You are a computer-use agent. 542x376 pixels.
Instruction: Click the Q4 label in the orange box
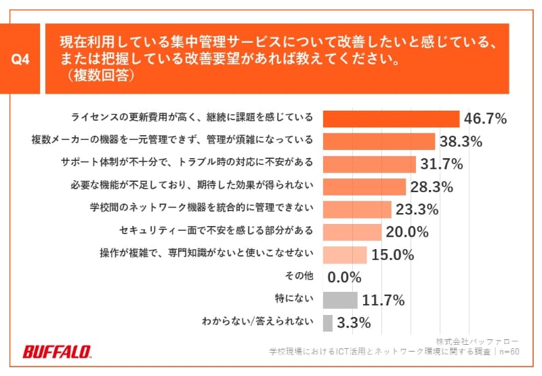(x=22, y=60)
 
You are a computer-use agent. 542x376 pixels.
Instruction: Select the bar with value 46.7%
(x=391, y=118)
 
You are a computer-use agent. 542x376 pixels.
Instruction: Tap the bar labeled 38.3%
(x=379, y=141)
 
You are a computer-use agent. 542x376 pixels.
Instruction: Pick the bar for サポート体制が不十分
(x=369, y=164)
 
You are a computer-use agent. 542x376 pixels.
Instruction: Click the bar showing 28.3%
(x=364, y=187)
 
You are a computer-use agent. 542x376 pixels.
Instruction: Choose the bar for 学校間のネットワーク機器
(x=357, y=209)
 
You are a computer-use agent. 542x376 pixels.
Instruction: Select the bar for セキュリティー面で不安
(x=352, y=231)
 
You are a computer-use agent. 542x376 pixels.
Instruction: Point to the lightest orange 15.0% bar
(x=345, y=255)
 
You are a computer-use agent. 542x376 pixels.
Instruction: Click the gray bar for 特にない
(x=340, y=299)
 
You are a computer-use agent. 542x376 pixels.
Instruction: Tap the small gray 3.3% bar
(x=328, y=322)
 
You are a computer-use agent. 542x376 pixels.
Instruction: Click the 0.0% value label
(x=344, y=277)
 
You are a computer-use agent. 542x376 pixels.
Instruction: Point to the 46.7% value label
(x=485, y=119)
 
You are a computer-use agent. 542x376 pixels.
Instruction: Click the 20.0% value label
(x=407, y=232)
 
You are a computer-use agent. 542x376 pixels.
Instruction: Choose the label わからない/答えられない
(x=257, y=322)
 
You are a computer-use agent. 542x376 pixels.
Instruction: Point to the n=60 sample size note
(x=507, y=352)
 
